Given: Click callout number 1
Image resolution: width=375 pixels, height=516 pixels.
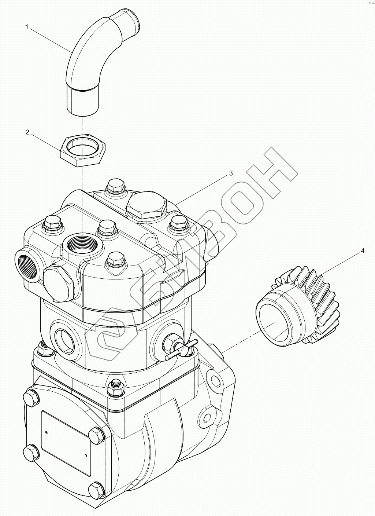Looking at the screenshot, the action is pos(27,26).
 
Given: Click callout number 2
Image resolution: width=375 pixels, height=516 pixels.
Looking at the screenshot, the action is pos(27,132).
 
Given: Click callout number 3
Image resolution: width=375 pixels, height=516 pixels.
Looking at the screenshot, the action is pos(231,173).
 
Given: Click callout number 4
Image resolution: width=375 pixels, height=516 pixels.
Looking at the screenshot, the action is pos(363,251).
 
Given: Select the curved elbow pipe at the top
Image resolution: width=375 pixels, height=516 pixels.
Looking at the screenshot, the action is pos(92,55).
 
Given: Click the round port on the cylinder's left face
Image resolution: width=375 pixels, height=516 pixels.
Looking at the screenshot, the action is pos(66,336).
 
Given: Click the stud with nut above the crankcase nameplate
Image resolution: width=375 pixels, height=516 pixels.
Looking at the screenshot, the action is pos(116,387).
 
